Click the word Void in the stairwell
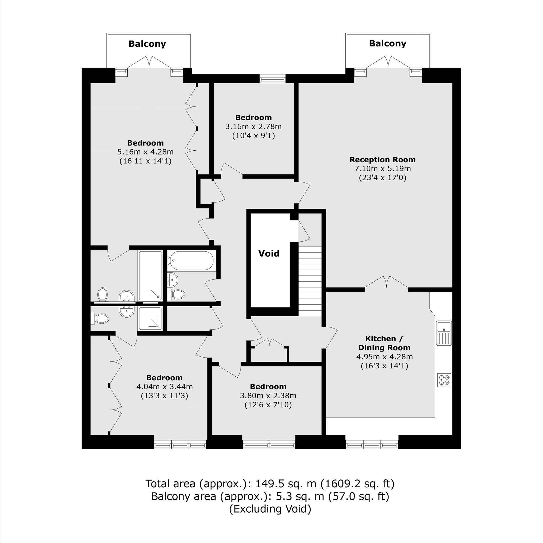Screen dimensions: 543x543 pos(269,254)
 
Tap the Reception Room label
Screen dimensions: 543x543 pos(383,160)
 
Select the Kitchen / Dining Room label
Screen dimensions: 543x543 pos(384,343)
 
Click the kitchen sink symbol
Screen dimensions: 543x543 pos(444,333)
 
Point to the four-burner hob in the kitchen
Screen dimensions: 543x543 pos(444,380)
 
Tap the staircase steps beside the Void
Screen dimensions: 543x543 pos(310,281)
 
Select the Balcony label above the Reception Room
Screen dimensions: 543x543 pos(388,43)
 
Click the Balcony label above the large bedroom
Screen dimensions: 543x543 pos(147,44)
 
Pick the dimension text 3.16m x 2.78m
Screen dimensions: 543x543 pos(254,127)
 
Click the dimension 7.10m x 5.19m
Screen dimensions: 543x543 pos(383,169)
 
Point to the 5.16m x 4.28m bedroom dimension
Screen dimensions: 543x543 pos(145,152)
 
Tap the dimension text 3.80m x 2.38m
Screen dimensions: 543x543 pos(268,396)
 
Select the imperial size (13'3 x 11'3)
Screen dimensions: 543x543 pos(165,396)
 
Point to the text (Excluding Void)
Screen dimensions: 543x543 pos(270,509)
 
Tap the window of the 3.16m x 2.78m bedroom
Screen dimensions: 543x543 pos(273,78)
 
